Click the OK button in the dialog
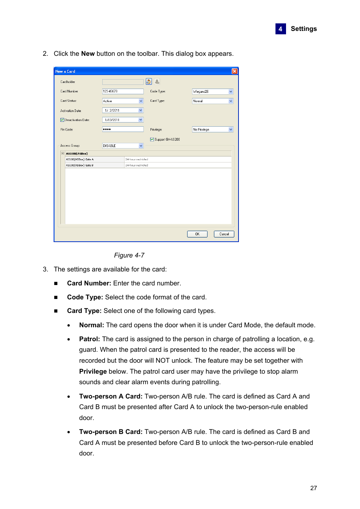[197, 234]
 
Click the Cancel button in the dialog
[224, 234]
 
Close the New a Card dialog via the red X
[234, 71]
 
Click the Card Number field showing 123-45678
[123, 91]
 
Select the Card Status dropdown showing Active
[123, 101]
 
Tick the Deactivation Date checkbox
[62, 120]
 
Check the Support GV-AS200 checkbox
[152, 140]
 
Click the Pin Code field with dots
[123, 129]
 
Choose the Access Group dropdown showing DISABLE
[123, 146]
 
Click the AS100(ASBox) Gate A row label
[80, 159]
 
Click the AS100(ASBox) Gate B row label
[80, 165]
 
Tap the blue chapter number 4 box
[280, 29]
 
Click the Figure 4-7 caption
[129, 255]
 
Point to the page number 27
[313, 488]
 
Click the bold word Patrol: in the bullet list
[89, 339]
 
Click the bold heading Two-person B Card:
[111, 432]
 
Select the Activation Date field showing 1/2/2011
[120, 110]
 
